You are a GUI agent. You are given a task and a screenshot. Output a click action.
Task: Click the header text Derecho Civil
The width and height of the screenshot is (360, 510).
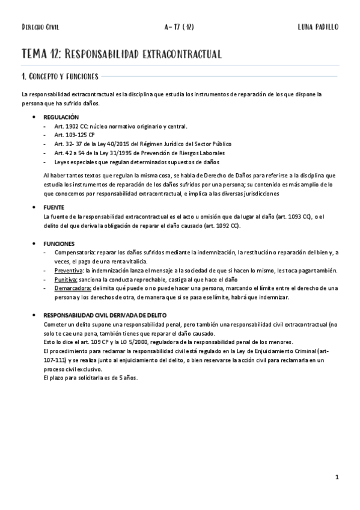tap(40, 27)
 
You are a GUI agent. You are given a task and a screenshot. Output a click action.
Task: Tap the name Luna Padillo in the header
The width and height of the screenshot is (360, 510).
tap(318, 27)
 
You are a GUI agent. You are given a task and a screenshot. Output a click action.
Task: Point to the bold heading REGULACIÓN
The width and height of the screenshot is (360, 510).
tap(61, 117)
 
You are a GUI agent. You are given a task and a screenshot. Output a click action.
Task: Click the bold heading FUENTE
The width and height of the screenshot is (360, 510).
tap(54, 206)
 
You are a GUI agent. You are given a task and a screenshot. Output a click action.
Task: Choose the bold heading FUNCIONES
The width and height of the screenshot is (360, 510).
tap(58, 244)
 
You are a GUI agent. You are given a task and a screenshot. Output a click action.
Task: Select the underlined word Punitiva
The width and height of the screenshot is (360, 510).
tap(66, 280)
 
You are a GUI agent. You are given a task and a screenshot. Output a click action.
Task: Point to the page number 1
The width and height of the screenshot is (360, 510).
tap(338, 478)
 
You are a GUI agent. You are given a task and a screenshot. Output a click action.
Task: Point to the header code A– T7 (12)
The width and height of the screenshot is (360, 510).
tap(180, 27)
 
